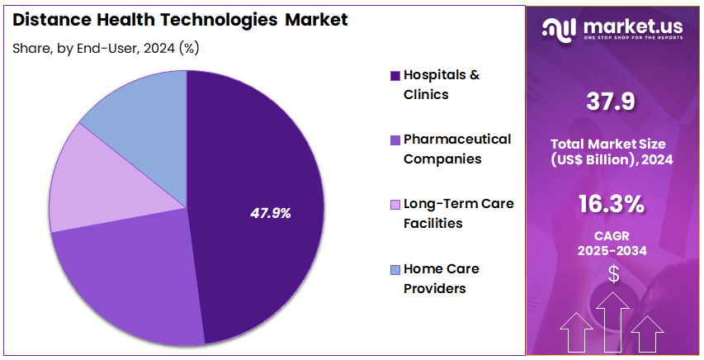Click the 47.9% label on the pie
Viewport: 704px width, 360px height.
tap(271, 213)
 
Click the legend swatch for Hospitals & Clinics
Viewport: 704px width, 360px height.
tap(395, 75)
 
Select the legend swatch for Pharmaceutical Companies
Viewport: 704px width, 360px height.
tap(395, 140)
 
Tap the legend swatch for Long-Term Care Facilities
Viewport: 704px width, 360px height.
tap(395, 204)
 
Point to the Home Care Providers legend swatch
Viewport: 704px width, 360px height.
tap(395, 269)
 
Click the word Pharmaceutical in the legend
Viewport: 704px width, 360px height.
tap(456, 139)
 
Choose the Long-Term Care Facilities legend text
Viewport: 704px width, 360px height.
tap(458, 213)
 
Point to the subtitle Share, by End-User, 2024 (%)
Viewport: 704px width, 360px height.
tap(106, 48)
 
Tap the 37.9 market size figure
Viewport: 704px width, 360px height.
tap(612, 102)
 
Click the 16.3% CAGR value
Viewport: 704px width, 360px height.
tap(612, 204)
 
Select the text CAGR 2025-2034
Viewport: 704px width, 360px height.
tap(612, 243)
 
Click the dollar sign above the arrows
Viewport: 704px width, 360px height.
tap(612, 273)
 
